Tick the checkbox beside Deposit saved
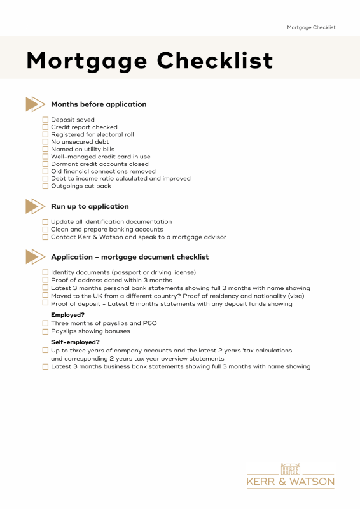coord(45,120)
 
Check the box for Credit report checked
coord(45,127)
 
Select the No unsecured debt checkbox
coord(45,142)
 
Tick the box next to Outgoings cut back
coord(45,186)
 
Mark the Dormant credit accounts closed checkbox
coord(45,164)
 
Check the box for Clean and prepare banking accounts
coord(45,229)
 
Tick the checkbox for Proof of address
coord(45,280)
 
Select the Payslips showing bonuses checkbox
coord(45,331)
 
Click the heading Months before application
coord(99,104)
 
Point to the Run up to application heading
coord(90,206)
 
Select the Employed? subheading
coord(67,315)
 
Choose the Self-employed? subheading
coord(75,342)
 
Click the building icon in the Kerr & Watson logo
coord(291,469)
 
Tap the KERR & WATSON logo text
coord(291,482)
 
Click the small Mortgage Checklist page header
coord(311,27)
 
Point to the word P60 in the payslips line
coord(149,324)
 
